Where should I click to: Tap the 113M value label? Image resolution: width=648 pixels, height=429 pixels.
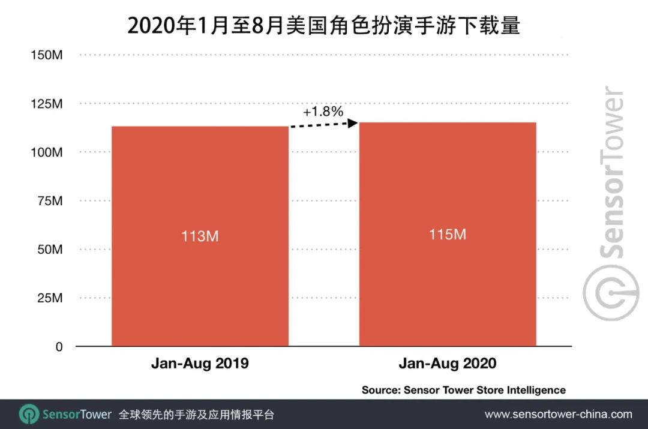click(200, 236)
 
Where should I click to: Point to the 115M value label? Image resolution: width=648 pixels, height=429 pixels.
click(448, 234)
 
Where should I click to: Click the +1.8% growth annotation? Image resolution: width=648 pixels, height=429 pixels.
click(323, 111)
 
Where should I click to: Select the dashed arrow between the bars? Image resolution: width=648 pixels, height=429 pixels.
click(323, 125)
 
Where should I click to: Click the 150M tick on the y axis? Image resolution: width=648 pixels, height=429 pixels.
click(47, 55)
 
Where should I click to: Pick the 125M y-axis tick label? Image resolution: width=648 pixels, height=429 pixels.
click(47, 104)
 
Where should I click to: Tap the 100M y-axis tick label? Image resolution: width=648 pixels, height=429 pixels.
click(47, 152)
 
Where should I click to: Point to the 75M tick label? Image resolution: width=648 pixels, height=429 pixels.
click(50, 201)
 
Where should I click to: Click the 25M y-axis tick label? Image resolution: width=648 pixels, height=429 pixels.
click(50, 298)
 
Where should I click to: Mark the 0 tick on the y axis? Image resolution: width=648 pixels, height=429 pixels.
click(59, 347)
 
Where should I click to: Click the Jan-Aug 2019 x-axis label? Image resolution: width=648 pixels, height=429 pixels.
click(200, 364)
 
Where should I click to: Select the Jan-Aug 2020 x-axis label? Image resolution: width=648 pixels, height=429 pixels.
click(448, 364)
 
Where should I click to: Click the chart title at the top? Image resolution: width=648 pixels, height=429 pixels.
click(323, 25)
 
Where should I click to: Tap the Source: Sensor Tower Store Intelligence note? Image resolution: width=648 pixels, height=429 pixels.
click(463, 390)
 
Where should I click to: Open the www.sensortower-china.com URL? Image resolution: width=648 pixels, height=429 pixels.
click(558, 415)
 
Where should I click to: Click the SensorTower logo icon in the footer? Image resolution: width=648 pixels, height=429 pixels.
click(28, 415)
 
